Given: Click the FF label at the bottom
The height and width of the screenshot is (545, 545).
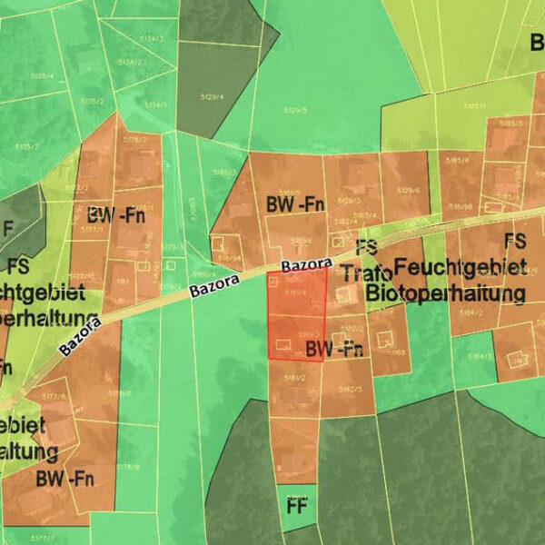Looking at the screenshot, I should (296, 506).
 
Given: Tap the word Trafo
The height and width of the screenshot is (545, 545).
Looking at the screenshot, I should (368, 273).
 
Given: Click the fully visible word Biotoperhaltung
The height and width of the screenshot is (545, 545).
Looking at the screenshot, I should (445, 294).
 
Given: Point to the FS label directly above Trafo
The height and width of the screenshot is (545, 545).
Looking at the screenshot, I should (366, 247).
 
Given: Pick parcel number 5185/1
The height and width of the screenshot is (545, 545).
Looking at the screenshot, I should (474, 106).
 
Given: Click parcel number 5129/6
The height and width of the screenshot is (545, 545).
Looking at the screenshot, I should (407, 191).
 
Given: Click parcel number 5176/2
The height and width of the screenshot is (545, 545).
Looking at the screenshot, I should (134, 140).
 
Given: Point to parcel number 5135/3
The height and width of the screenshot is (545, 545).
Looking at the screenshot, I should (27, 145).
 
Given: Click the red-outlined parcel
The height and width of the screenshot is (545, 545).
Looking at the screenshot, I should (297, 314).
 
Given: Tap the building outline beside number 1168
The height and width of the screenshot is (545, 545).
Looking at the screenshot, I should (386, 339).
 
